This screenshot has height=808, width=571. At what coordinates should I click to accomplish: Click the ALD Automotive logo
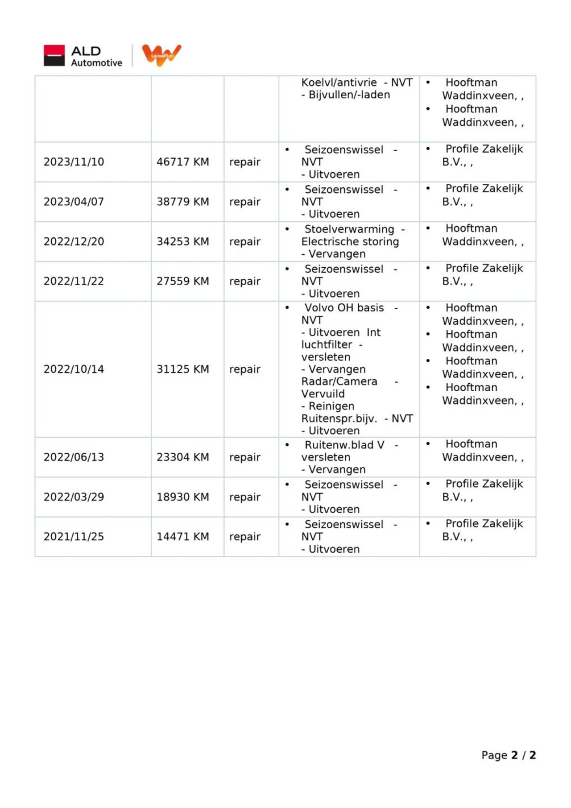pos(83,56)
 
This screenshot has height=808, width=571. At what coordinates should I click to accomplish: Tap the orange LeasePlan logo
pos(161,55)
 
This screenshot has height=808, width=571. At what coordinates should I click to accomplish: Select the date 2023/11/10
pos(74,162)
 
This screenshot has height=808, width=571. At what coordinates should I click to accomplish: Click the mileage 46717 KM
pos(182,162)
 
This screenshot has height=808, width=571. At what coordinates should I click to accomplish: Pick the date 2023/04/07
pos(74,202)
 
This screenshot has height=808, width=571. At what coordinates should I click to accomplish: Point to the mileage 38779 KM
pos(182,202)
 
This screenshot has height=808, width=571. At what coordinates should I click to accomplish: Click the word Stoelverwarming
pos(349,229)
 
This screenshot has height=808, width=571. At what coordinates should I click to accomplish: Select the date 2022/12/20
pos(74,241)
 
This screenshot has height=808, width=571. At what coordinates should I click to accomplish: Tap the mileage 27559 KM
pos(182,281)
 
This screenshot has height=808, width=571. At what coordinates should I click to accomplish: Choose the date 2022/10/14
pos(74,369)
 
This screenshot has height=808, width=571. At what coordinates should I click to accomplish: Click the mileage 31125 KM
pos(182,369)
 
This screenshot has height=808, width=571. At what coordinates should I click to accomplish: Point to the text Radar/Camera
pos(339,381)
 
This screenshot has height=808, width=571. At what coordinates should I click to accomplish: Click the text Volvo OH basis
pos(344,308)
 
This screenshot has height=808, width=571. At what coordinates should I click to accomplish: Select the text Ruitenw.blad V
pos(344,445)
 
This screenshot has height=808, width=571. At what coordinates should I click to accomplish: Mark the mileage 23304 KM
pos(182,457)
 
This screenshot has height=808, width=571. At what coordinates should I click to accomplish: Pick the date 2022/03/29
pos(74,497)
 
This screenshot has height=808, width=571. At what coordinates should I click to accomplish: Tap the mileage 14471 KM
pos(182,537)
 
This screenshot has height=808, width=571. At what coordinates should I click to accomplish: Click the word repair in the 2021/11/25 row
pos(244,537)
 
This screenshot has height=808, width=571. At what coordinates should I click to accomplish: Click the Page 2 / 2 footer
pos(508,755)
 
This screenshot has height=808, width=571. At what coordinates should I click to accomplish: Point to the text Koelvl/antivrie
pos(339,83)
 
